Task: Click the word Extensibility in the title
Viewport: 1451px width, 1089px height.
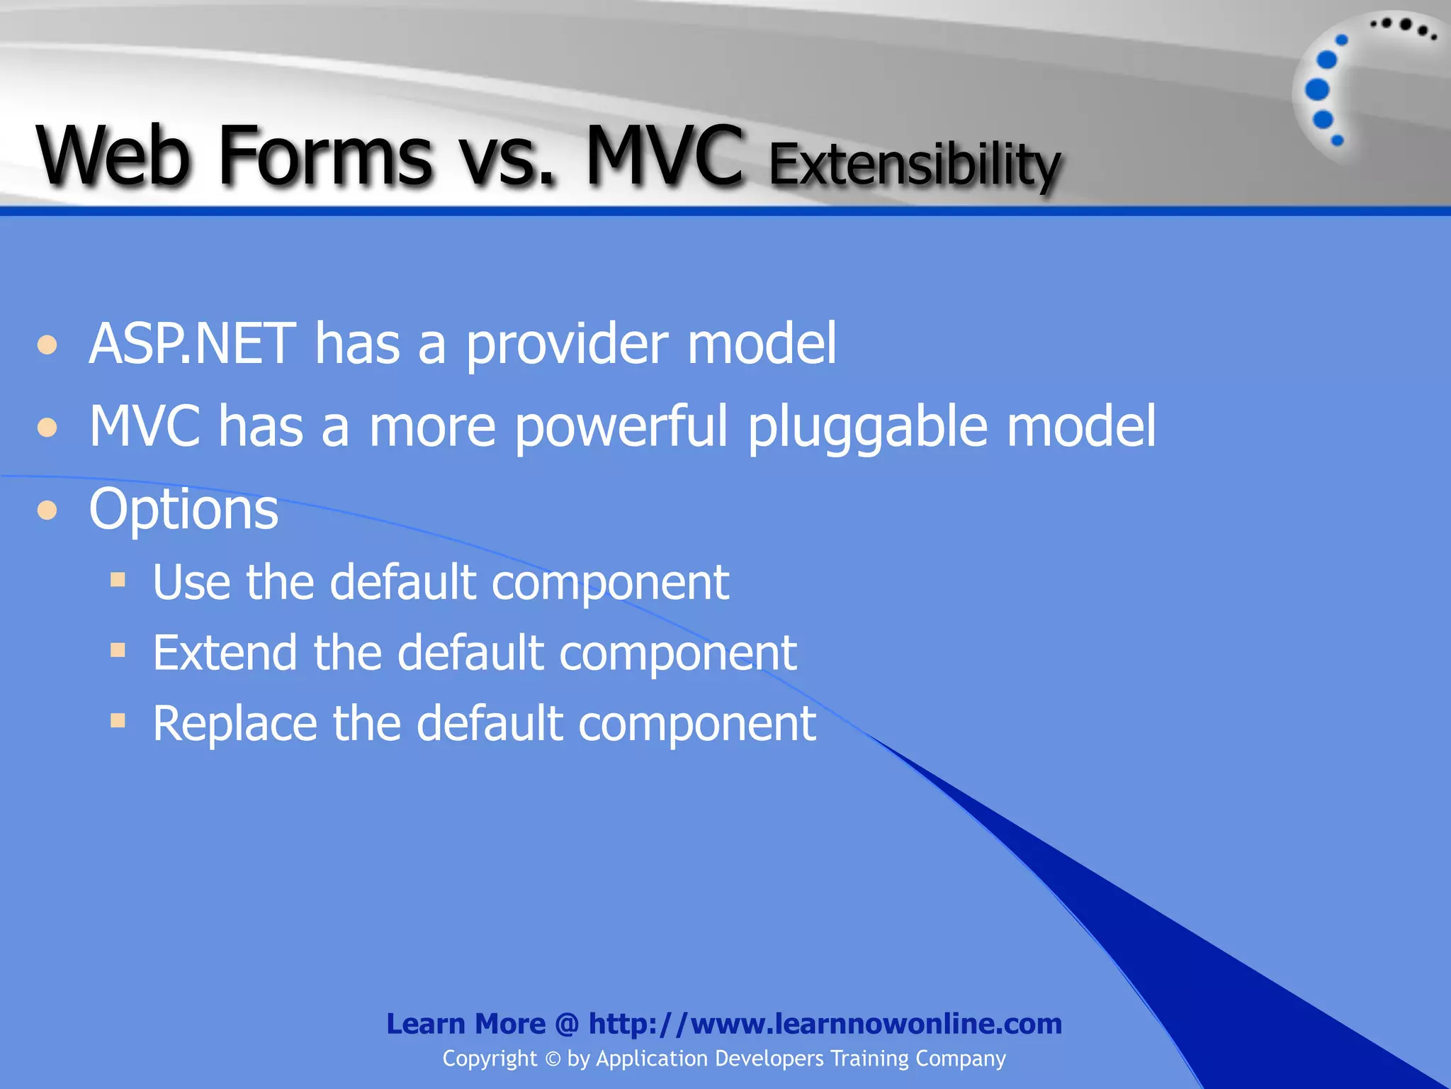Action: tap(914, 165)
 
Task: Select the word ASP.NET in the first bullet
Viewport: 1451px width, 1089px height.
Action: tap(192, 344)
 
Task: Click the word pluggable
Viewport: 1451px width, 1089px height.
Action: tap(868, 428)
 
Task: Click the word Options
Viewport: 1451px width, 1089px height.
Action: tap(184, 509)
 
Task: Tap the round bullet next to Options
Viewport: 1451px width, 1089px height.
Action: tap(47, 510)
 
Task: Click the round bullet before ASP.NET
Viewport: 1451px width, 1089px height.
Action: tap(47, 345)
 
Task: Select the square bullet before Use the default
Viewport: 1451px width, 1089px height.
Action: tap(118, 580)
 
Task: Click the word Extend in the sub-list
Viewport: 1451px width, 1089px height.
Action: tap(225, 652)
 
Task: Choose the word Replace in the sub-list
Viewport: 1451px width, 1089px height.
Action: tap(235, 724)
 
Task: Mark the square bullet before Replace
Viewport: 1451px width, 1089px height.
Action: tap(118, 721)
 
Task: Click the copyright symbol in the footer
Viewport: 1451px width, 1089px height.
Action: tap(553, 1059)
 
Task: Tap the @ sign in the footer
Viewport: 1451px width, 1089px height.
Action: tap(567, 1024)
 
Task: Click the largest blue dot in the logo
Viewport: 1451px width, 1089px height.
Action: tap(1317, 90)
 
